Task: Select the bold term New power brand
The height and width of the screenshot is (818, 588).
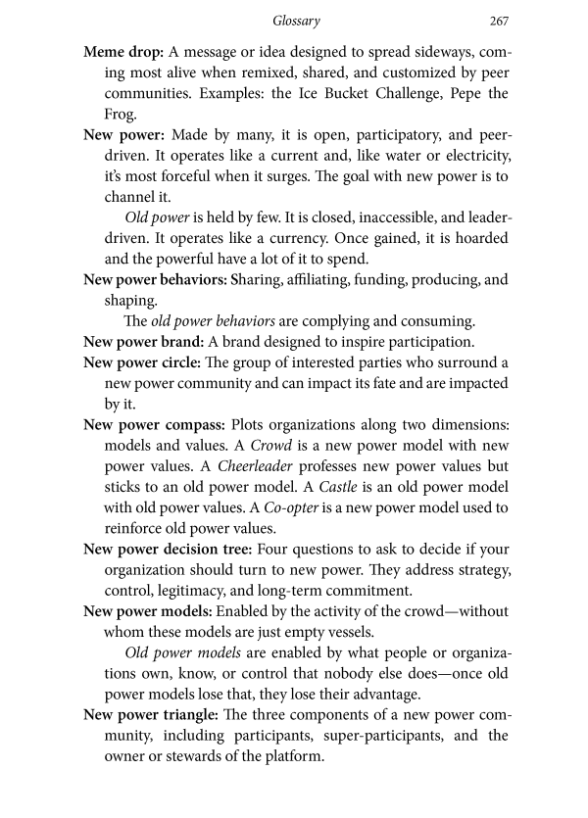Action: coord(143,342)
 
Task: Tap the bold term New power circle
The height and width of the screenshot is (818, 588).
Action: coord(144,363)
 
